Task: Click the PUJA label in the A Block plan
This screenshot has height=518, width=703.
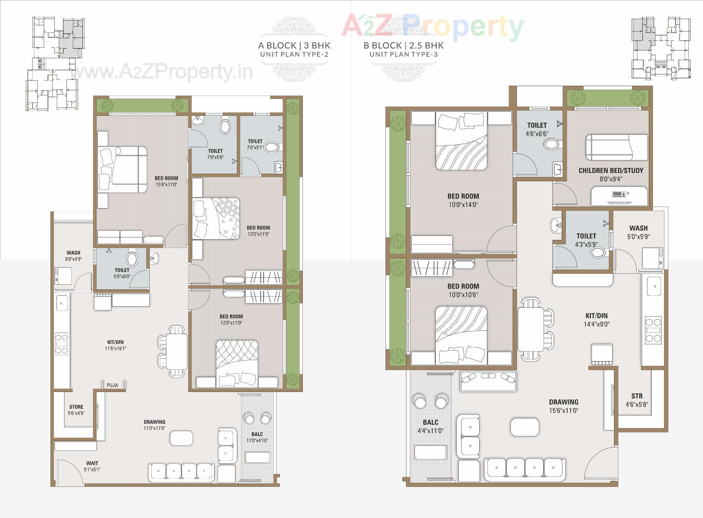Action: point(112,385)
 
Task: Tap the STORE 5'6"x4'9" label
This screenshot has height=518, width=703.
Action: point(76,410)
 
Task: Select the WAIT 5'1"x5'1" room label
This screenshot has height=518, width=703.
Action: point(92,466)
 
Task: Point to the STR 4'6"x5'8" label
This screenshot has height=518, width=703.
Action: point(637,400)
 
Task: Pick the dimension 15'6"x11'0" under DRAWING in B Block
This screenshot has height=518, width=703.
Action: point(563,411)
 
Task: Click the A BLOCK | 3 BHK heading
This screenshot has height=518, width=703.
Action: point(294,45)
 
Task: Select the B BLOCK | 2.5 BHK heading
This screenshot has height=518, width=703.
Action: point(403,45)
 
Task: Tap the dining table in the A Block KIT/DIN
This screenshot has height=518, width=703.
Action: point(177,351)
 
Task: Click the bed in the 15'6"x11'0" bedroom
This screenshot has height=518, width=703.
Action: point(122,170)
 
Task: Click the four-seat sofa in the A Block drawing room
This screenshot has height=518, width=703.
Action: point(181,472)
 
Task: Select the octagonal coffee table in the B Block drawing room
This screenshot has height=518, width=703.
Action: point(525,427)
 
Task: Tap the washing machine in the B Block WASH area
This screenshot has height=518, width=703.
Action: point(652,258)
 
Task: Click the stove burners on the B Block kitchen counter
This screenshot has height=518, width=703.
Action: point(653,330)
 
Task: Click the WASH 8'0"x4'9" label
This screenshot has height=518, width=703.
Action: point(73,256)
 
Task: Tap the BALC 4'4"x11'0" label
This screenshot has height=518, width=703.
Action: point(430,426)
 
